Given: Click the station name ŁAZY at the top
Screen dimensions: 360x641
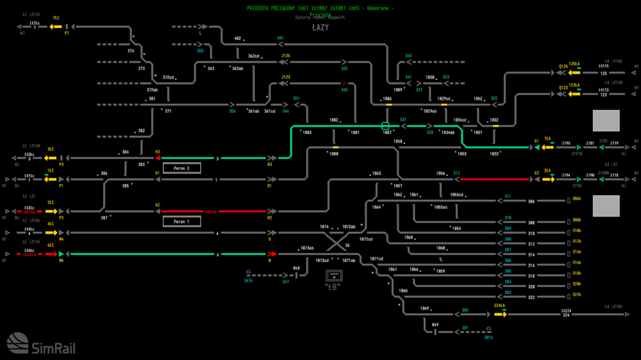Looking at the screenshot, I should [320, 28].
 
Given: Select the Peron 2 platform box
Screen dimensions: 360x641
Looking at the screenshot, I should [182, 168].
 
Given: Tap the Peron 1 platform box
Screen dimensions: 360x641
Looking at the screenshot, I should [182, 222].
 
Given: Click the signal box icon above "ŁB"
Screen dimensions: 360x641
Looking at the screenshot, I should [333, 275].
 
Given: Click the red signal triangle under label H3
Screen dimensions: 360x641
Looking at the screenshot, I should [156, 158].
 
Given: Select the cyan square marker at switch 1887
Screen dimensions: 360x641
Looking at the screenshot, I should [385, 126].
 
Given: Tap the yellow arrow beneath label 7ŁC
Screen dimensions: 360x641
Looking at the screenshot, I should [56, 27].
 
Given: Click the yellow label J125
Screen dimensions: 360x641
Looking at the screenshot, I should [286, 56].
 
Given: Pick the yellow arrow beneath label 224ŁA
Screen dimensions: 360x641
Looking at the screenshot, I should [499, 314].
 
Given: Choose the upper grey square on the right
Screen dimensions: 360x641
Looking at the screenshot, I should [606, 120].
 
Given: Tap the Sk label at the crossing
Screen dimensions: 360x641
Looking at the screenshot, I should [347, 245].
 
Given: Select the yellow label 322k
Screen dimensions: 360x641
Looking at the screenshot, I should [576, 294].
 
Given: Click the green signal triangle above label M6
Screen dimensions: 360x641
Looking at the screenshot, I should [62, 254].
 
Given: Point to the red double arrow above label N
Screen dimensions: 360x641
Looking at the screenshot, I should [272, 254].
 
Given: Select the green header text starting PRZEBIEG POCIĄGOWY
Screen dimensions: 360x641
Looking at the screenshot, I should [320, 7].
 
